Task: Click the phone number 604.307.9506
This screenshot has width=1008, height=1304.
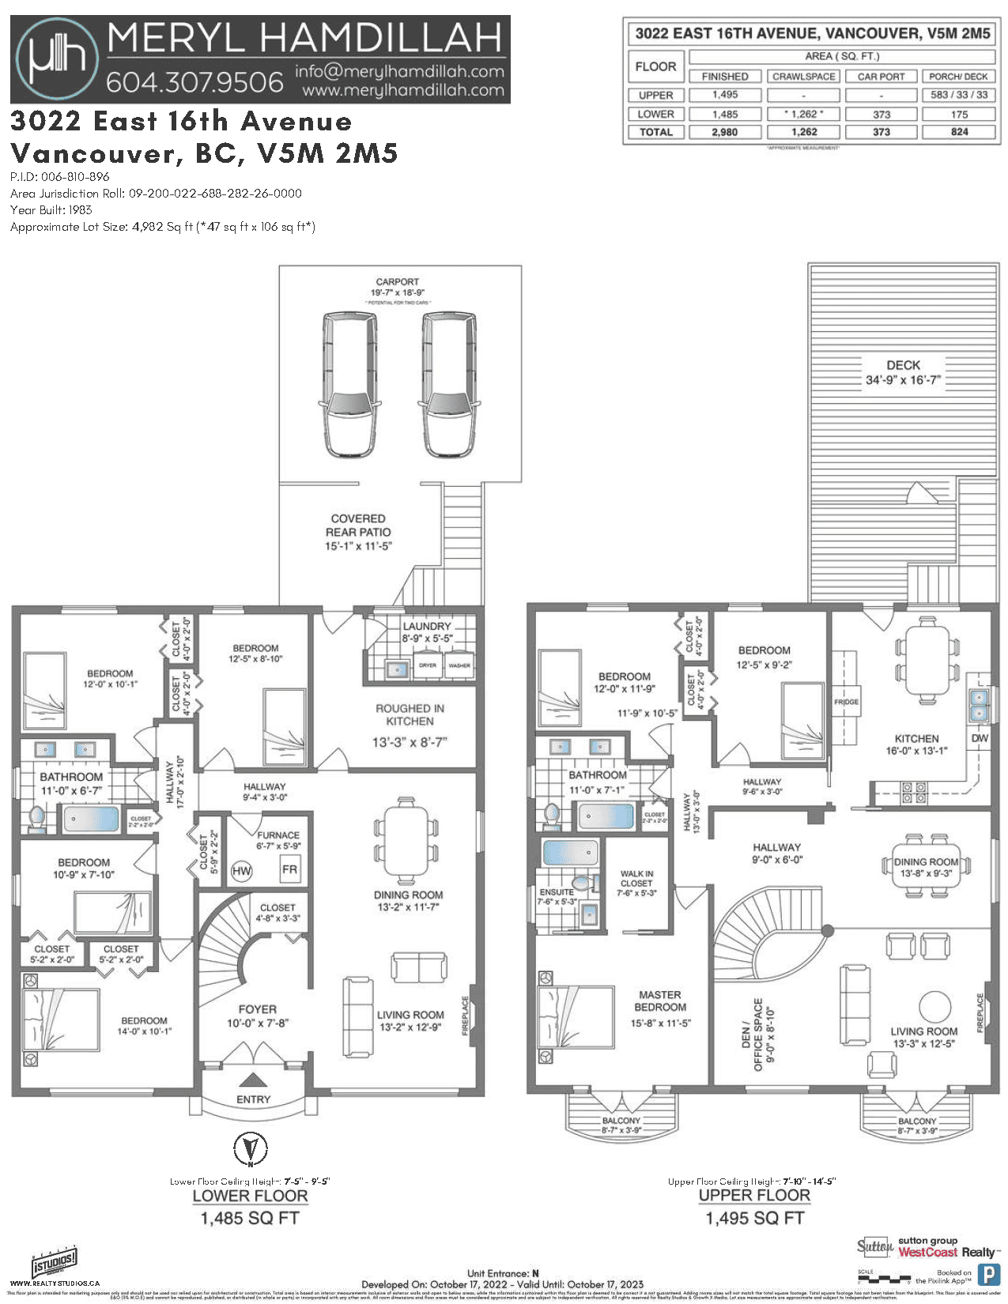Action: coord(194,81)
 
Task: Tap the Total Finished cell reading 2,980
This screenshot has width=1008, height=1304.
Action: coord(724,132)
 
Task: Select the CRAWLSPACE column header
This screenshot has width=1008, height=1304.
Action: coord(803,77)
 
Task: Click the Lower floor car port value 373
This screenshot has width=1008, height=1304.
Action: coord(882,114)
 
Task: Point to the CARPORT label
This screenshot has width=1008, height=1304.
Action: coord(397,281)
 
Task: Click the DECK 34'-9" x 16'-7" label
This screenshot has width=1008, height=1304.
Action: coord(903,372)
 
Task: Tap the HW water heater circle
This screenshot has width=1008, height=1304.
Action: coord(241,871)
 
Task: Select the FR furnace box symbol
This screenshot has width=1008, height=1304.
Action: coord(289,869)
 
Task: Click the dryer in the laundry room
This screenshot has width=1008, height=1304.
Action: coord(428,665)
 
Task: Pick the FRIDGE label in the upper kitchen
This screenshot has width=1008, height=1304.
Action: coord(846,702)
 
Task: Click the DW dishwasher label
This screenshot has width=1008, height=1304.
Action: coord(980,738)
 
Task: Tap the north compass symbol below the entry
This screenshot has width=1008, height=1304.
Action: coord(250,1148)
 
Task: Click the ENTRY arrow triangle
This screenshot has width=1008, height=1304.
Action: coord(253,1080)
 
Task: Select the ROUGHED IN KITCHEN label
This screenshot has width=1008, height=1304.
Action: coord(410,714)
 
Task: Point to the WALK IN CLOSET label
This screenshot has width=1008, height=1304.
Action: coord(636,879)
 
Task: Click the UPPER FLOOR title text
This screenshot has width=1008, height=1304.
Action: coord(754,1195)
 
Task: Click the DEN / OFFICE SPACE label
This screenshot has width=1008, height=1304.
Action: coord(752,1035)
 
